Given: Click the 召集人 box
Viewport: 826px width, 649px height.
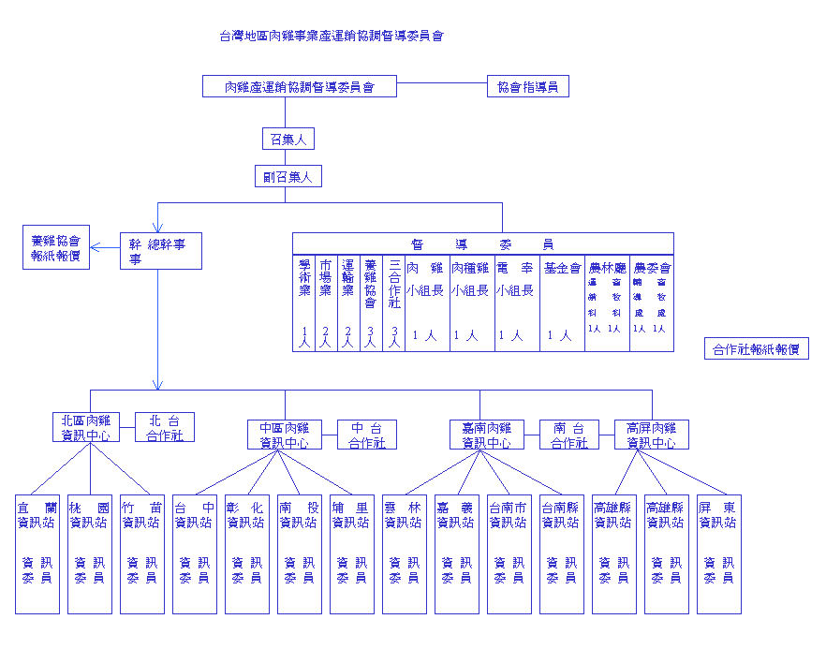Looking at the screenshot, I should (x=288, y=140).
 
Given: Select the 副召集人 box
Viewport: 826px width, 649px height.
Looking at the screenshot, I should (x=288, y=175).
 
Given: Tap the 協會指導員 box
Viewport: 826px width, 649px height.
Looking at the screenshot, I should (x=527, y=87).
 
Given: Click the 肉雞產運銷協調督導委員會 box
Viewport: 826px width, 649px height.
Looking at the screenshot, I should (x=300, y=87).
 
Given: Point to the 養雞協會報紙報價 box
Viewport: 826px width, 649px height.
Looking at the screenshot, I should (x=57, y=247).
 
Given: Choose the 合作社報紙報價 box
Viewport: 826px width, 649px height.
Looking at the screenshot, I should (x=756, y=349).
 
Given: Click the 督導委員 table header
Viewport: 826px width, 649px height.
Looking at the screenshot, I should (x=482, y=243).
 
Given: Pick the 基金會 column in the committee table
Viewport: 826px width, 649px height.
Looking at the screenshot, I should (x=562, y=302).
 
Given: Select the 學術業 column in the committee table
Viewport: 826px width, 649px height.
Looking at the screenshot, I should (x=303, y=302).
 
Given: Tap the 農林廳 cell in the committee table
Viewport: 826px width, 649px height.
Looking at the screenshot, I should (x=607, y=302).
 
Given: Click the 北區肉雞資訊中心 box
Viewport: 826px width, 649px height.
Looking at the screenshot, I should (x=86, y=427).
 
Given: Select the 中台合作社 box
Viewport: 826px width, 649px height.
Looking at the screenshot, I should (x=367, y=435).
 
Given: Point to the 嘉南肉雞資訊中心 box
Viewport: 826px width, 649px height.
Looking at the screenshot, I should (x=487, y=435).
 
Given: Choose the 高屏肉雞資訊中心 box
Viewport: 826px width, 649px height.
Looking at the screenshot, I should (x=652, y=435).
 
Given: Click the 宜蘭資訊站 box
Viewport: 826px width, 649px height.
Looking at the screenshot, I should (x=37, y=553).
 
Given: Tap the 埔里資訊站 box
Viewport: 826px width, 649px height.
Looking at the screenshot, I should (x=352, y=553).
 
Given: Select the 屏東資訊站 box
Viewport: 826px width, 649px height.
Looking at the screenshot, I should (x=718, y=553).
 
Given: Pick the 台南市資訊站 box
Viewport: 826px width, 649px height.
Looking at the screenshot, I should (x=509, y=553).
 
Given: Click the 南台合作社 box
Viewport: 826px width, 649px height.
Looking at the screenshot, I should (x=569, y=435).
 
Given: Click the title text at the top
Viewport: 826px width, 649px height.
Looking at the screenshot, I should (x=332, y=37).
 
